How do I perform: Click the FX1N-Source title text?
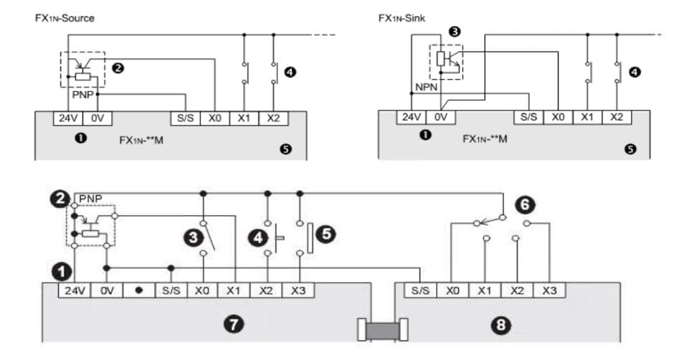65,18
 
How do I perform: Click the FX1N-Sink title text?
402,18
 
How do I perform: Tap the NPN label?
426,87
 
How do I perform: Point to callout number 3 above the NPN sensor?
454,32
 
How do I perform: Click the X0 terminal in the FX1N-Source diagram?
215,118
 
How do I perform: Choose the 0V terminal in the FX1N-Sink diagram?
440,117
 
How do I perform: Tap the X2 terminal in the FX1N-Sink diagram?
617,117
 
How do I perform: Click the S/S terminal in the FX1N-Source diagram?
185,118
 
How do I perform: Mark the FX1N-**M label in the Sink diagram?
485,139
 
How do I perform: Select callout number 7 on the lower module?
234,325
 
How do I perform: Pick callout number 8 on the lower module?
501,326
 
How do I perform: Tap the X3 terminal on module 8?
549,290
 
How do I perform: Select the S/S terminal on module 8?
420,290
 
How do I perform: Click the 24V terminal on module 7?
74,290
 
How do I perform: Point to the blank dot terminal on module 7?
139,290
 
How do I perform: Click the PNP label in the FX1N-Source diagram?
83,94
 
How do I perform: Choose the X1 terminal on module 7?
234,290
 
